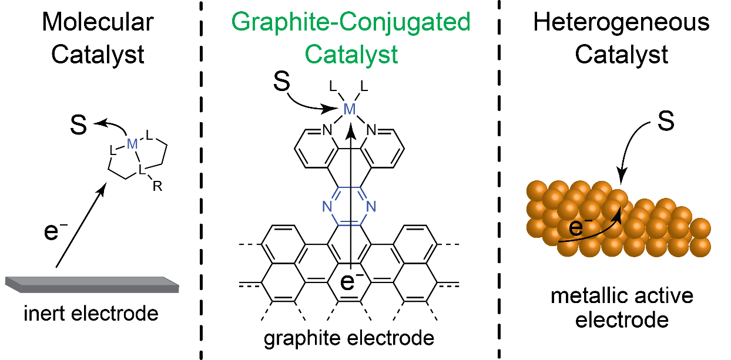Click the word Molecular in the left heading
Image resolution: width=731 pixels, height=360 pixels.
[x=98, y=23]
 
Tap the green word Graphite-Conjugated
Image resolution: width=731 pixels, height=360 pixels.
[x=351, y=23]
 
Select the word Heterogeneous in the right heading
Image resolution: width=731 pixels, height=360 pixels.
[x=621, y=23]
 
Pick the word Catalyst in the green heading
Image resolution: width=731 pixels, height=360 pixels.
[x=351, y=55]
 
